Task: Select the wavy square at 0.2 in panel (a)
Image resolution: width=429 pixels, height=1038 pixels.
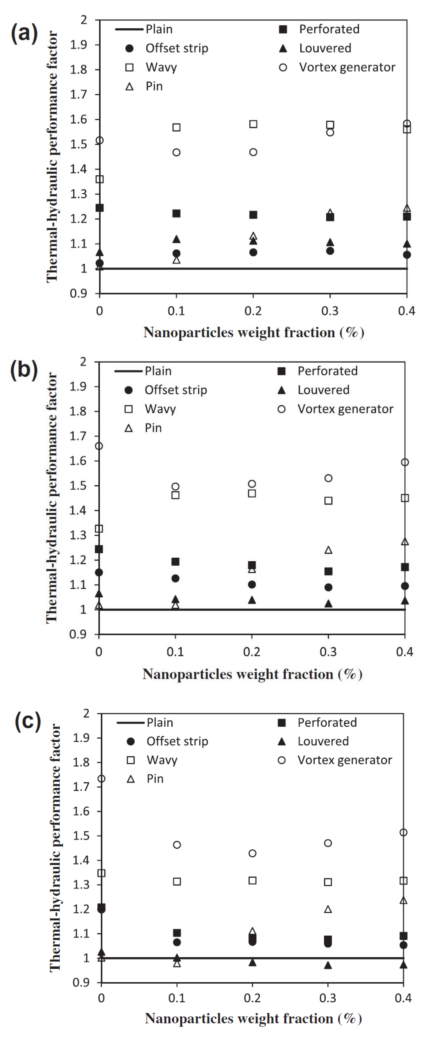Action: click(253, 124)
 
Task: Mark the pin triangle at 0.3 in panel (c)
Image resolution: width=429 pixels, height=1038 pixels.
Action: click(328, 909)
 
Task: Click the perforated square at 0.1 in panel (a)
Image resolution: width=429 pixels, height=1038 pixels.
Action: click(176, 214)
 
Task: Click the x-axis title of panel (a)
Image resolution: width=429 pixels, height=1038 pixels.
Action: click(254, 332)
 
